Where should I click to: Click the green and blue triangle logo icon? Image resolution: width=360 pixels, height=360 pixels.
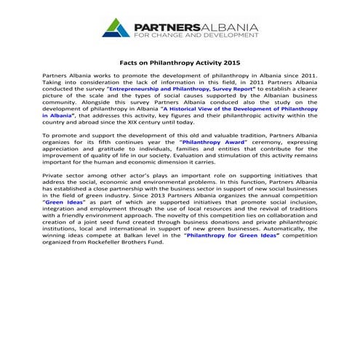pyautogui.click(x=116, y=28)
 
